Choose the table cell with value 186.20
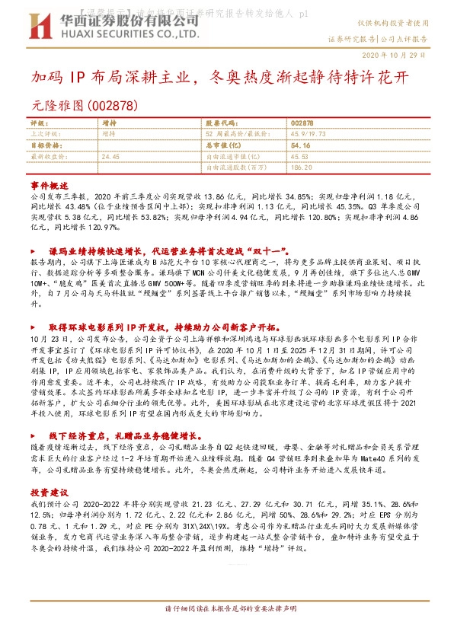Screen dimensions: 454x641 [303, 165]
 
